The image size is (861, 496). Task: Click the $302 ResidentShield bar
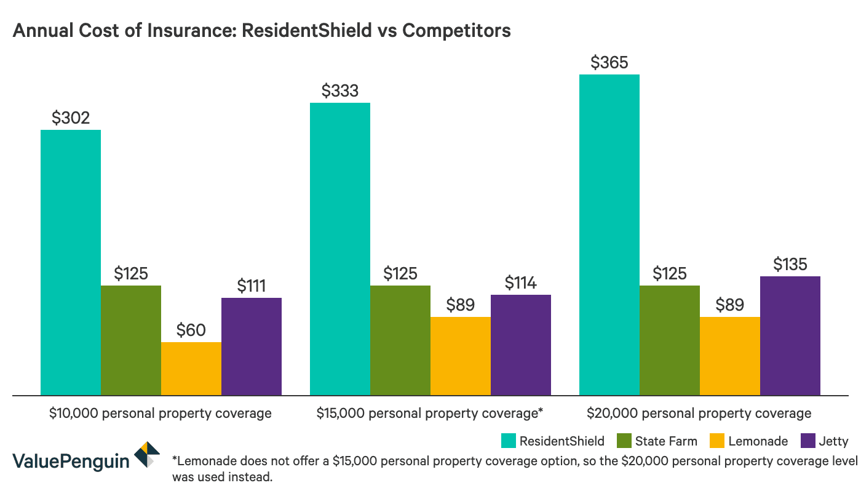tap(71, 262)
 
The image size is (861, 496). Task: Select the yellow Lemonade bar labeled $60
tap(191, 368)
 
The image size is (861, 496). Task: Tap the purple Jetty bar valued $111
tap(252, 346)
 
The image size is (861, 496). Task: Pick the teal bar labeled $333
tap(340, 249)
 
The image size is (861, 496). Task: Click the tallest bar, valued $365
tap(609, 234)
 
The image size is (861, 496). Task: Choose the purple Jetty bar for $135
tap(790, 335)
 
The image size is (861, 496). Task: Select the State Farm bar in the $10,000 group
tap(131, 340)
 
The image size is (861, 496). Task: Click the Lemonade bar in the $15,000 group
tap(461, 356)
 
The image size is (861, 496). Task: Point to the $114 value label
tap(520, 282)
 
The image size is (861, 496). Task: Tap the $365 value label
tap(609, 62)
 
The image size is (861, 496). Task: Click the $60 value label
tap(191, 330)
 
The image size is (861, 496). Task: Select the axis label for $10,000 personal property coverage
tap(160, 413)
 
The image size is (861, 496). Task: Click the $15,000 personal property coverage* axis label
tap(429, 413)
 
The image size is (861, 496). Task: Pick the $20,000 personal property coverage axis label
tap(699, 413)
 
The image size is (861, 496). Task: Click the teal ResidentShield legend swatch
tap(508, 441)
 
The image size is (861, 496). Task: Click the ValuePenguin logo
tap(86, 459)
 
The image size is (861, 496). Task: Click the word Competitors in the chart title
tap(456, 30)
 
